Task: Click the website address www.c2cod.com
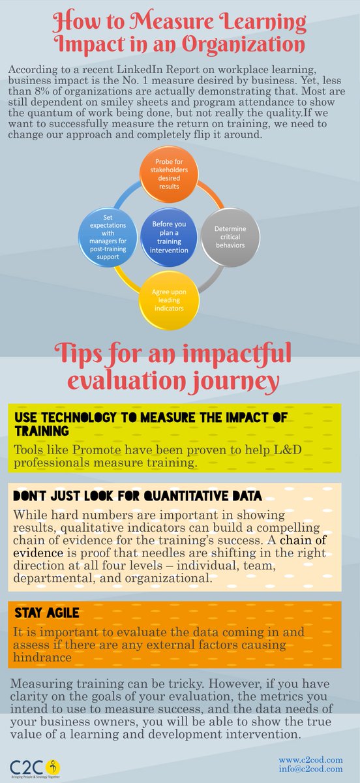tap(310, 760)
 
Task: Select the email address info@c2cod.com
tap(310, 769)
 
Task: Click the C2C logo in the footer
tap(30, 763)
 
